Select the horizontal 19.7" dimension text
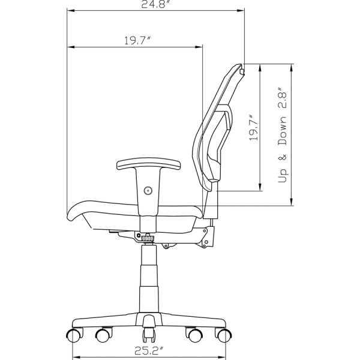(x=137, y=41)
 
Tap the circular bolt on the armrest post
(x=148, y=190)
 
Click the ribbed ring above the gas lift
(x=148, y=239)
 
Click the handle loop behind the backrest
(x=228, y=117)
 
